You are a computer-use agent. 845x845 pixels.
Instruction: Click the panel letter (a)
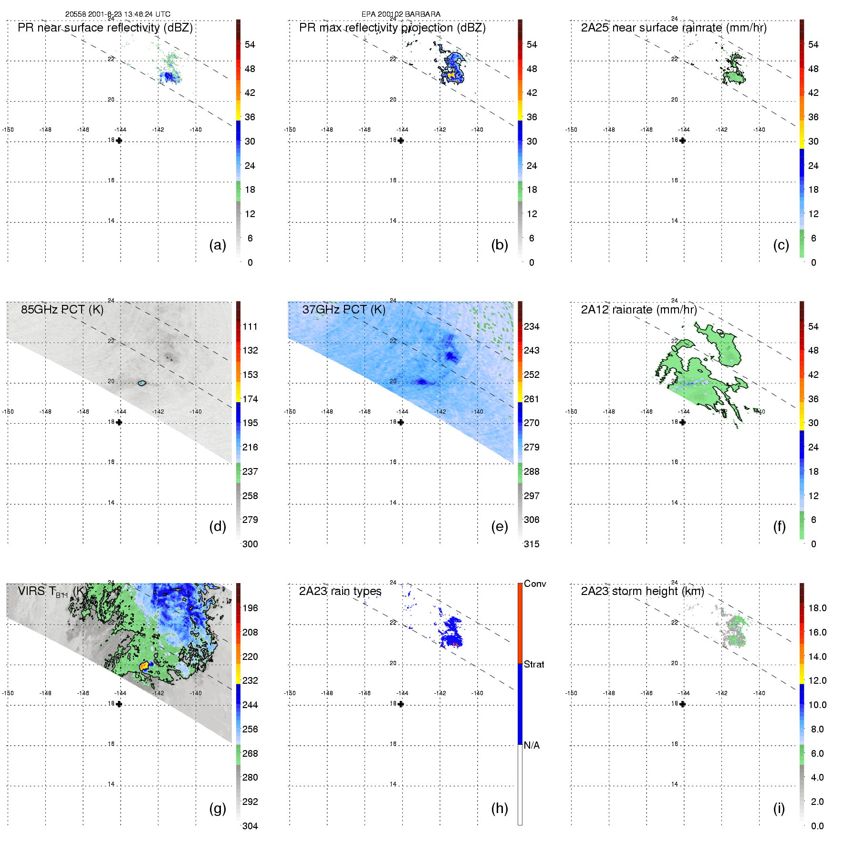point(218,245)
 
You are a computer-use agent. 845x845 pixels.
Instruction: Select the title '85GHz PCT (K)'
point(62,310)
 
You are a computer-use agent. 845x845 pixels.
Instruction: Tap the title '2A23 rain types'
point(340,591)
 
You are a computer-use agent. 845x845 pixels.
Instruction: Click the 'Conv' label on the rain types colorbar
point(535,584)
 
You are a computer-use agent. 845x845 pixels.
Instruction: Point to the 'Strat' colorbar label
point(534,664)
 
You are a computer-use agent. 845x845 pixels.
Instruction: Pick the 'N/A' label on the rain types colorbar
point(532,745)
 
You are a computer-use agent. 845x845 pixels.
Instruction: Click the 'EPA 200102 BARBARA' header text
point(401,14)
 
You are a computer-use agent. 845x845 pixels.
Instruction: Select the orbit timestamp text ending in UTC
point(118,14)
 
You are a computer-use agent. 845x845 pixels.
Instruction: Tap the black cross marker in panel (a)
point(119,140)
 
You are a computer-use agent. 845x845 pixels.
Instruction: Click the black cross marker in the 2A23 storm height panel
point(682,704)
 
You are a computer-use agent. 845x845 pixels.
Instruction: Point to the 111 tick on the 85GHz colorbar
point(250,326)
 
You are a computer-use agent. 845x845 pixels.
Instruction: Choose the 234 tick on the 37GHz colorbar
point(532,326)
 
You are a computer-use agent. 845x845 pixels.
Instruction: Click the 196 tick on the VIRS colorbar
point(250,608)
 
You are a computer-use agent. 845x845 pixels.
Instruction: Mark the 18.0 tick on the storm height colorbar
point(817,608)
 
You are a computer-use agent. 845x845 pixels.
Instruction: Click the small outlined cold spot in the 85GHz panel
point(141,383)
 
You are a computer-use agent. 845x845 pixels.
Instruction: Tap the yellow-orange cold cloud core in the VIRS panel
point(144,666)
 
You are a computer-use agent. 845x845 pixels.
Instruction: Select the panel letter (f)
point(779,527)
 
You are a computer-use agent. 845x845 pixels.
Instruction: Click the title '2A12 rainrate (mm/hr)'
point(639,310)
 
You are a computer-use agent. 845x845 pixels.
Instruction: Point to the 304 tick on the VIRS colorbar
point(250,826)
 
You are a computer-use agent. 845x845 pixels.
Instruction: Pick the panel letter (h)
point(500,808)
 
